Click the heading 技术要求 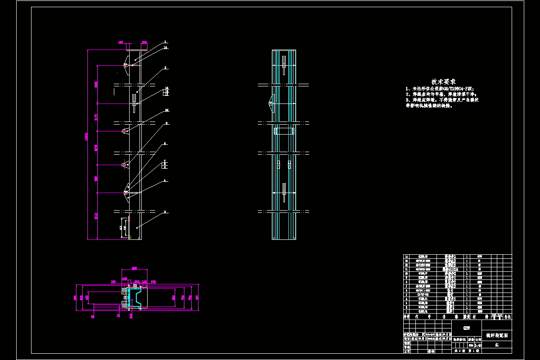443,82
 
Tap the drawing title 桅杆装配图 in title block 497,335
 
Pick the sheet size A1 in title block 497,345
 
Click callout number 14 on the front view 166,47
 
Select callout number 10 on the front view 166,110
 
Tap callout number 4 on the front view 165,180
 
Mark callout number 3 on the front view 165,211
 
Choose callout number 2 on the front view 165,67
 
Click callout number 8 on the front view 165,144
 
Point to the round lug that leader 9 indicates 124,165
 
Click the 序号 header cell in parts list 407,316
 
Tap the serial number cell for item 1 407,311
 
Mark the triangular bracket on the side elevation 270,103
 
